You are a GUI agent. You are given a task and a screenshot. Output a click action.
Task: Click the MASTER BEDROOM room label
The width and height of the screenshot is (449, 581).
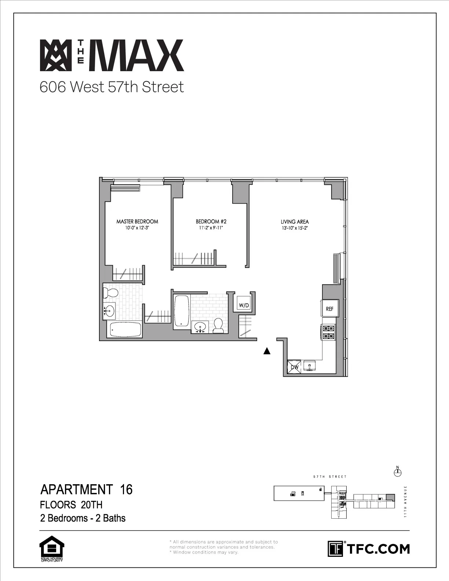[x=137, y=221]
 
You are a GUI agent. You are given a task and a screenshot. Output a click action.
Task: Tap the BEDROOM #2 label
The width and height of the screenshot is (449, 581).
[x=211, y=221]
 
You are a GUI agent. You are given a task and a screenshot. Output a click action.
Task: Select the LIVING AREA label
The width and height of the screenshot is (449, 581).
[x=295, y=222]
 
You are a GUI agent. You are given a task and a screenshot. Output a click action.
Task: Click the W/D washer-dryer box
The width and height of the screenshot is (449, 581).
[x=244, y=305]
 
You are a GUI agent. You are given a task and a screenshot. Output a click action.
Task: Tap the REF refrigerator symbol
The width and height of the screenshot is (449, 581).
[x=329, y=309]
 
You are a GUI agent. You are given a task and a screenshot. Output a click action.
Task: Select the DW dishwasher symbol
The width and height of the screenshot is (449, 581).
[x=294, y=366]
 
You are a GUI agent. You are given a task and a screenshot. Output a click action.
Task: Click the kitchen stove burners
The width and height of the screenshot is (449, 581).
[x=328, y=332]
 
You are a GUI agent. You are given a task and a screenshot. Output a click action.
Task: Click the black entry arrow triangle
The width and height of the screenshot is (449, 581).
[x=267, y=351]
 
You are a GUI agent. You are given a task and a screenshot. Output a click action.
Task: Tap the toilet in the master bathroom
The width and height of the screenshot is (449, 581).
[x=110, y=293]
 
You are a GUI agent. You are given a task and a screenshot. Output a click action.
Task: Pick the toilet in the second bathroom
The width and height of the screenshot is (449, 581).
[x=219, y=325]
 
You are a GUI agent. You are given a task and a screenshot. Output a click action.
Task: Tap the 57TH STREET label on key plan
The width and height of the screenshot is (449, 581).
[x=330, y=477]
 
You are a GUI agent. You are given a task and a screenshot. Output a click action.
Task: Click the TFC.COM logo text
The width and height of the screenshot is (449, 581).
[x=378, y=549]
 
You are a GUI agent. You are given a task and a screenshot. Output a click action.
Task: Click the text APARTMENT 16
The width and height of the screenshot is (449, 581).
[x=86, y=490]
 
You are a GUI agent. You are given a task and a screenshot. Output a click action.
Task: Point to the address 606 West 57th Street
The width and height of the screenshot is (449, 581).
[x=112, y=87]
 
